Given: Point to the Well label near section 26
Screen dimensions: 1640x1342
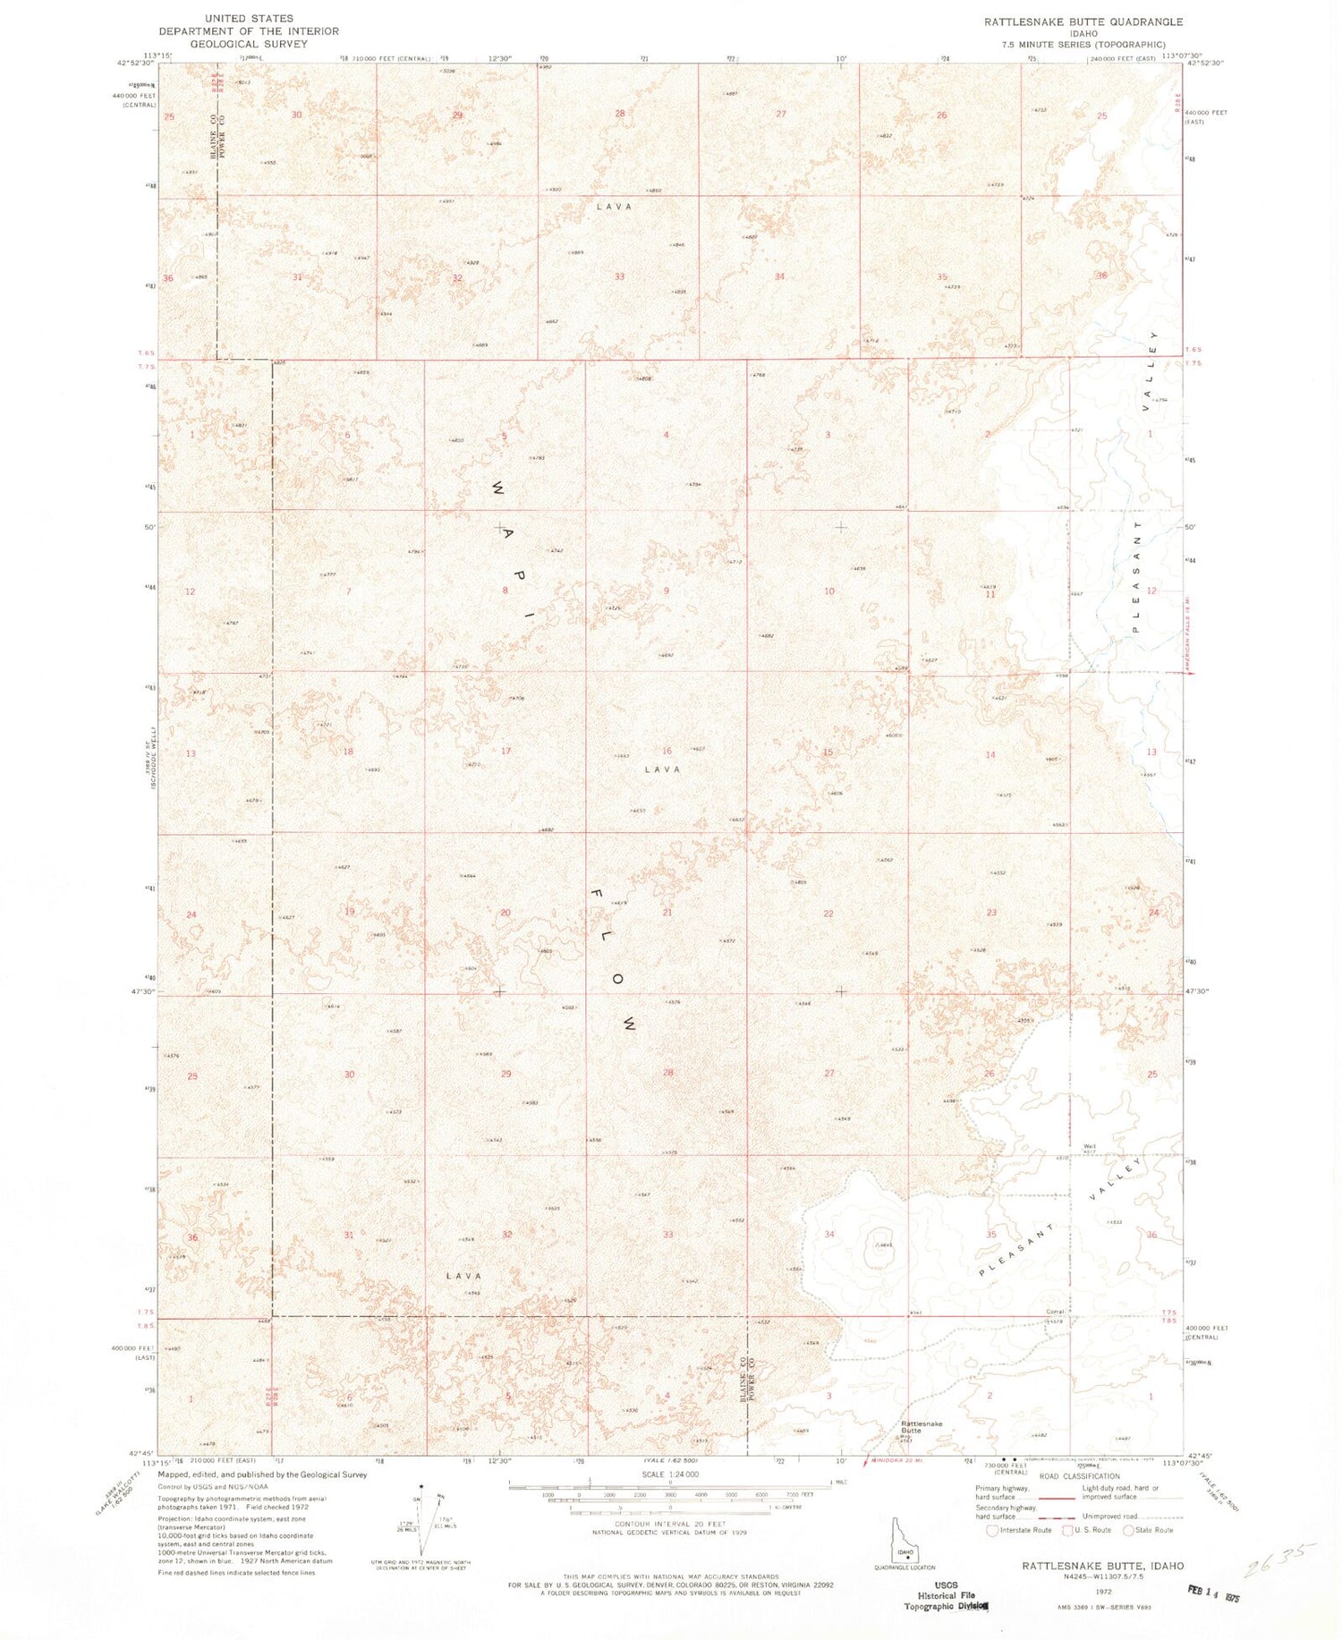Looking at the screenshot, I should tap(1088, 1147).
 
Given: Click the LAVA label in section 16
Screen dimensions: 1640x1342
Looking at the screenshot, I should tap(662, 769).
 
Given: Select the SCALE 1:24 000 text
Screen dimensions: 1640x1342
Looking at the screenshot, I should tap(669, 1474).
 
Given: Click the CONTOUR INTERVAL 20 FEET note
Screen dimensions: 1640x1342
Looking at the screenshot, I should tap(669, 1523).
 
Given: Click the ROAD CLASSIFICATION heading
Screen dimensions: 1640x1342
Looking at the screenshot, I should tap(1079, 1476).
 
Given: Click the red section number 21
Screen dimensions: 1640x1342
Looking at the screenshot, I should tap(667, 913).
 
